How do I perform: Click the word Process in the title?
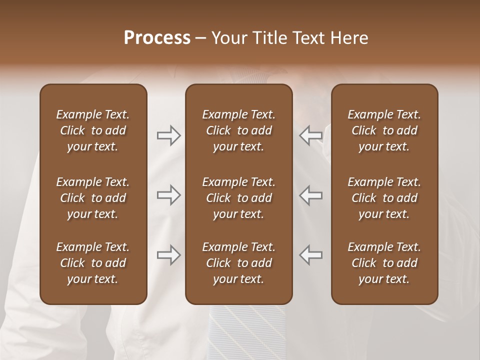click(x=157, y=38)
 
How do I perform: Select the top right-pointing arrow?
click(x=169, y=135)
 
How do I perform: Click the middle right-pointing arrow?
click(x=169, y=195)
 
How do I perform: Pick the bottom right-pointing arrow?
click(x=169, y=255)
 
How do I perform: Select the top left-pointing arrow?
click(x=310, y=135)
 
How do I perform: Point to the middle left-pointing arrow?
click(x=310, y=195)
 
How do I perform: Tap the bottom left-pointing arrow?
click(x=310, y=255)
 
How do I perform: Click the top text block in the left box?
click(x=93, y=130)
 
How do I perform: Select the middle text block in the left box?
click(x=93, y=198)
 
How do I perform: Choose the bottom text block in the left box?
click(x=93, y=263)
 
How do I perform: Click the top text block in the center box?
click(x=238, y=130)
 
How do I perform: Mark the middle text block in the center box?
click(x=238, y=198)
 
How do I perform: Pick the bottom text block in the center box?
click(x=238, y=263)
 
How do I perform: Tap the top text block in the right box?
click(x=384, y=130)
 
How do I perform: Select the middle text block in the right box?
click(x=384, y=198)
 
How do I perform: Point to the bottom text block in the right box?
click(x=384, y=263)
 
